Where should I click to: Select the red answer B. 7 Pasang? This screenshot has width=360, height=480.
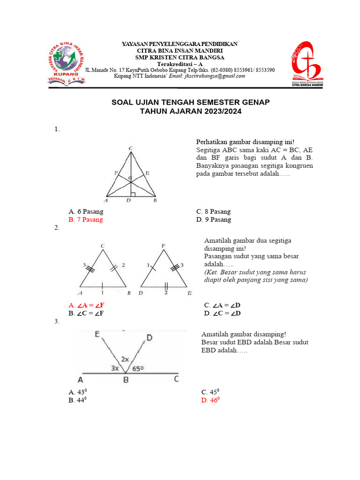(x=86, y=219)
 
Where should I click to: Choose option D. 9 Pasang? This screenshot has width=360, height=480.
(x=214, y=219)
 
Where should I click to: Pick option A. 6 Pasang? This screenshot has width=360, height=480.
(x=86, y=211)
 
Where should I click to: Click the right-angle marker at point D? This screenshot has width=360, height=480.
(x=133, y=194)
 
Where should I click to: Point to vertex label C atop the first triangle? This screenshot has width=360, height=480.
(x=131, y=149)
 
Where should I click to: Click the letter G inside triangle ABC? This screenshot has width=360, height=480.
(x=130, y=178)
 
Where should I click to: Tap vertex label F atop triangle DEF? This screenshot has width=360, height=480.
(x=163, y=245)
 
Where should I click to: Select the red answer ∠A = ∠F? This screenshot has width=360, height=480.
(x=86, y=305)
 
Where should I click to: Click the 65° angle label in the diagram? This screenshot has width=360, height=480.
(x=137, y=368)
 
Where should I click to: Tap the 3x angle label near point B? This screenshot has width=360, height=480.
(x=115, y=368)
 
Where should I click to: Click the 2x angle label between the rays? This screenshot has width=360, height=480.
(x=125, y=359)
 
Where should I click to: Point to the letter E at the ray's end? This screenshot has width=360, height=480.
(x=97, y=335)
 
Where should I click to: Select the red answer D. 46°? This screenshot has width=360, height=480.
(x=210, y=400)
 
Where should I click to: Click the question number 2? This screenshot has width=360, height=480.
(x=57, y=227)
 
